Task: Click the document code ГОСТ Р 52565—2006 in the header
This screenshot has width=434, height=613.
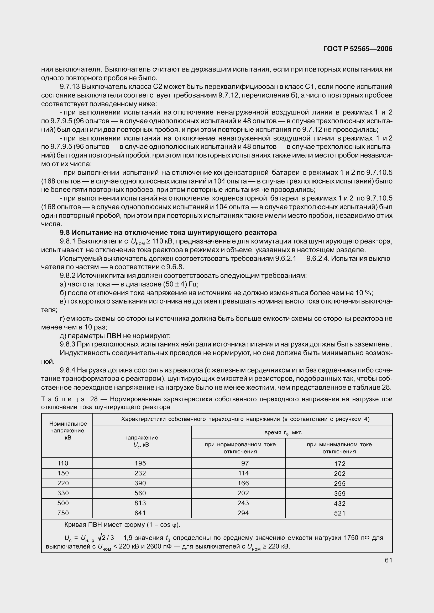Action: coord(358,48)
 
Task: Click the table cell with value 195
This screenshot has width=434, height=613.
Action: coord(140,463)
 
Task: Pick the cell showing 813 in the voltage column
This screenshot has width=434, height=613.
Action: coord(140,503)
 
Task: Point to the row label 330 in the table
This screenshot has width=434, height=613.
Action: coord(63,493)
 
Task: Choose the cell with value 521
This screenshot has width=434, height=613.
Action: coord(339,513)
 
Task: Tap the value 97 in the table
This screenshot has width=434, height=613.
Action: coord(245,463)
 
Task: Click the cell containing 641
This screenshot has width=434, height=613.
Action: coord(140,513)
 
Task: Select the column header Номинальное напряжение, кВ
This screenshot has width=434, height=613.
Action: coord(68,430)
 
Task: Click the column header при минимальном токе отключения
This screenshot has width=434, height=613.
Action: coord(339,448)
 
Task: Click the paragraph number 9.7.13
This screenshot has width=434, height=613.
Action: coord(69,86)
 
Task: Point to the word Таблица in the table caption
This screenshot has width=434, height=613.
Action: coord(63,399)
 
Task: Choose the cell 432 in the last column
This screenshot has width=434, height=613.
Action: coord(339,503)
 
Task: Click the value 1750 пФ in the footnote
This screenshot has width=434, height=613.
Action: coord(355,538)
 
